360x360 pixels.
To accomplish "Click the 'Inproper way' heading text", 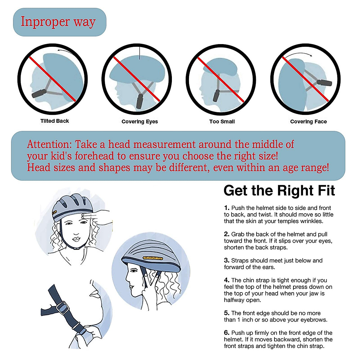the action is pos(58,22).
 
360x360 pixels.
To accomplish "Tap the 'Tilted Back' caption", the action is pos(55,121).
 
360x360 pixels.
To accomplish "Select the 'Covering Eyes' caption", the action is pos(139,121).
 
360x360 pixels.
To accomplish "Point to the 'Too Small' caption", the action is pos(222,121).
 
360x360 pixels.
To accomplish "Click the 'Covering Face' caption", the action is pos(308,121).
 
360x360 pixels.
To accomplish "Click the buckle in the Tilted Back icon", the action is pos(39,93).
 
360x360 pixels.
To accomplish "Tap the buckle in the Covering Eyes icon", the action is pos(139,101).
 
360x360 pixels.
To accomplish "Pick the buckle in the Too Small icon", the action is pos(217,96).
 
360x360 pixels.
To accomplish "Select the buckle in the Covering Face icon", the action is pos(325,82).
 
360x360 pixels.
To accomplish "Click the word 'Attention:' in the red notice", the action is pos(49,144).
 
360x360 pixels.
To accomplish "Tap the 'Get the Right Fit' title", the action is pos(279,190).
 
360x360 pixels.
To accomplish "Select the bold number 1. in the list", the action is pos(226,208).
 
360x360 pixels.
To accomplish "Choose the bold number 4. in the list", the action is pos(226,280).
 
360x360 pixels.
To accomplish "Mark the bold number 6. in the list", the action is pos(226,333).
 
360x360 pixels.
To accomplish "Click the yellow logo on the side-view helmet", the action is pos(153,258).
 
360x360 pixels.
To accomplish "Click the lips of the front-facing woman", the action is pos(76,239).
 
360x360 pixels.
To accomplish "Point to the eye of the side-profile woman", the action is pos(134,270).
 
